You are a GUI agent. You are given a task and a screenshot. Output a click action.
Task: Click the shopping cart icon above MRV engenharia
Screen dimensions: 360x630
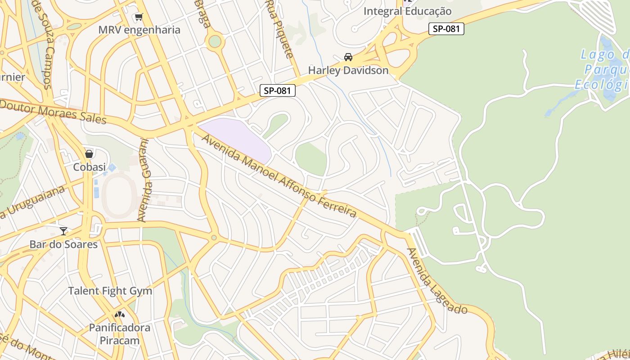click(139, 17)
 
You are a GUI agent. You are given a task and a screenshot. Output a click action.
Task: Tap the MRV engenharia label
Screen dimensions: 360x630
click(139, 30)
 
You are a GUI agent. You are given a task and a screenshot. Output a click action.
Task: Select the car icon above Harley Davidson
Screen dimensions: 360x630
click(348, 57)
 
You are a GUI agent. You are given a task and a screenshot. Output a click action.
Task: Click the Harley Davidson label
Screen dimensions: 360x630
click(348, 71)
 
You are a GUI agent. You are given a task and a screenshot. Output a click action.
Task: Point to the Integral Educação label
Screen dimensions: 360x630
click(407, 11)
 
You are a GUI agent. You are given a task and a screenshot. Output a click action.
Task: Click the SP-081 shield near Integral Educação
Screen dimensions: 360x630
click(445, 29)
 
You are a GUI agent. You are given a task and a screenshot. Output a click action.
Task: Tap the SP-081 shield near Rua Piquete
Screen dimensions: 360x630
click(278, 90)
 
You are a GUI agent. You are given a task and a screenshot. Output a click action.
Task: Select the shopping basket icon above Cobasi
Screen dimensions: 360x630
click(89, 154)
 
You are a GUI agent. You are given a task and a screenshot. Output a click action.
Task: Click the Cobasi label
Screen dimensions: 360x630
click(89, 167)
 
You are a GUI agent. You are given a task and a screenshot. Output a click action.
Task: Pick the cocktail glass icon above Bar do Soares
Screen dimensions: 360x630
click(63, 231)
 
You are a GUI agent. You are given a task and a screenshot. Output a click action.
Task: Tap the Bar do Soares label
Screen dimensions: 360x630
click(63, 244)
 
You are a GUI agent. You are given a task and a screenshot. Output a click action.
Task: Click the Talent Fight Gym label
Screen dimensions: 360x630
click(110, 291)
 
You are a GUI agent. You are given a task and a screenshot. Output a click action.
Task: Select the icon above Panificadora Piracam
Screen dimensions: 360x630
click(120, 314)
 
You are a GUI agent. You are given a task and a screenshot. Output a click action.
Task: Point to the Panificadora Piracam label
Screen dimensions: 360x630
click(120, 333)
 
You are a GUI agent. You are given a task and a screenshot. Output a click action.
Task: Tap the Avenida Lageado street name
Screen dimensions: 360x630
click(436, 281)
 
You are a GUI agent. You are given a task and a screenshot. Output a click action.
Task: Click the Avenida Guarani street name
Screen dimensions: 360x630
click(144, 180)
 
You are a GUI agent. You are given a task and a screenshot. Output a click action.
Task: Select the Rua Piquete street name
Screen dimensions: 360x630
click(279, 29)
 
